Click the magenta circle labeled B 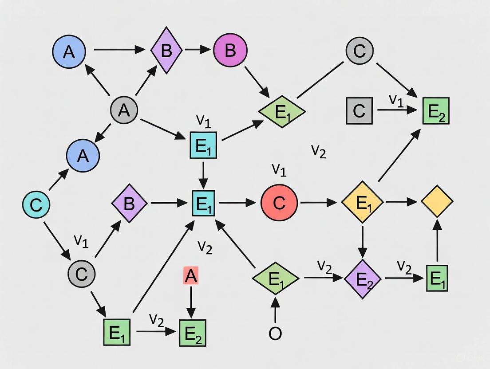(230, 51)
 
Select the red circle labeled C (279, 203)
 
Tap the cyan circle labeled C (36, 204)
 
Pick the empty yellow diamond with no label (437, 201)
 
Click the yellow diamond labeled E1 (363, 202)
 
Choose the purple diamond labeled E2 (363, 279)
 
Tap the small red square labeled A (190, 276)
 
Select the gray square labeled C (359, 110)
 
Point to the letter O (275, 334)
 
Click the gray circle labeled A (124, 110)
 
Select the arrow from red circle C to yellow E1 (318, 203)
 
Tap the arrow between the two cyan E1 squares (203, 174)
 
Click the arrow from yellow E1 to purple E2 (363, 241)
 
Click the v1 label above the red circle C (279, 169)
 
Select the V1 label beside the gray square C (396, 100)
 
